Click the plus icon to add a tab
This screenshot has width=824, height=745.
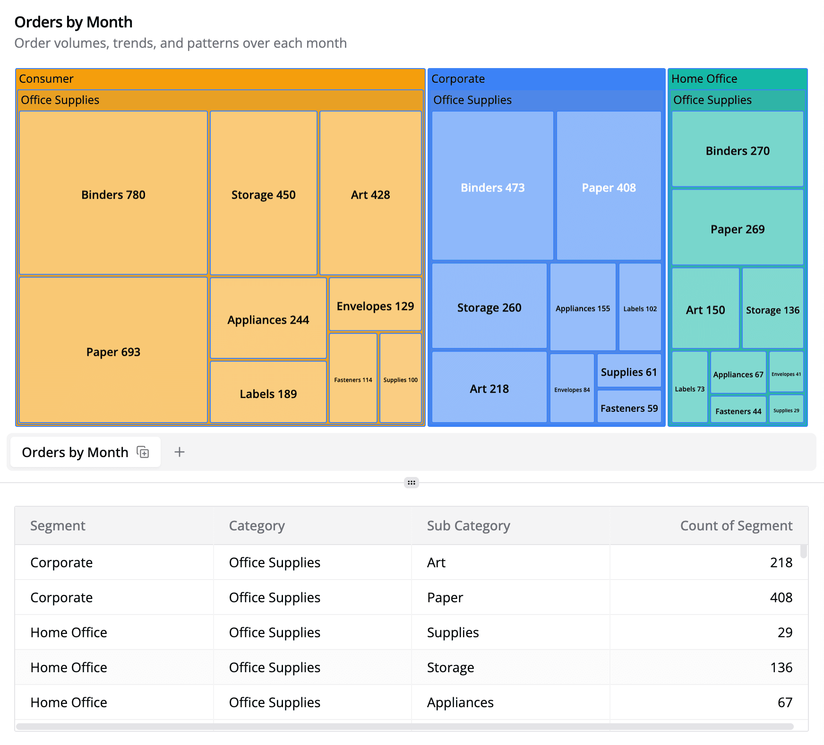click(180, 452)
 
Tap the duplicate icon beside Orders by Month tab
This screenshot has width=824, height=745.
click(143, 452)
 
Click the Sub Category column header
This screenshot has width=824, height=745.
click(468, 526)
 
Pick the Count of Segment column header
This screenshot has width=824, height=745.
click(736, 526)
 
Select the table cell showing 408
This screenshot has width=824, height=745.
click(781, 598)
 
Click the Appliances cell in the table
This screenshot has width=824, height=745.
click(460, 702)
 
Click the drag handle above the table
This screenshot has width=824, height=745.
click(412, 483)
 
